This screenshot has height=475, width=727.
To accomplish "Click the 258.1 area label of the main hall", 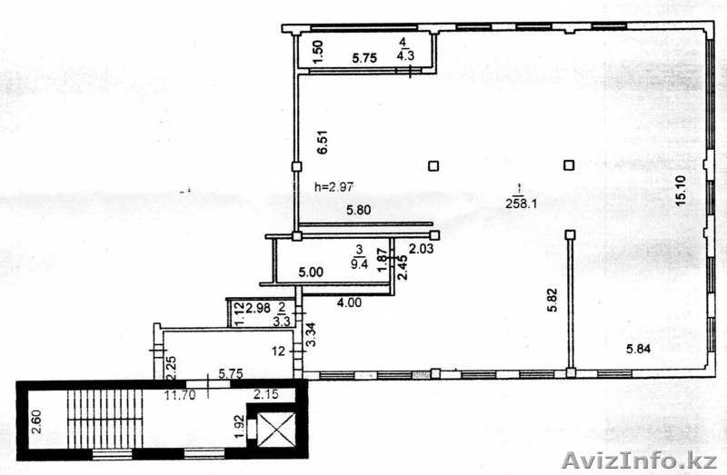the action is pos(521,203).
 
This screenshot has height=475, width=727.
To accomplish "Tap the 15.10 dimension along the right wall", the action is pos(681,190).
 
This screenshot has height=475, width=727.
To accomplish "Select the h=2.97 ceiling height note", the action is pos(334,187).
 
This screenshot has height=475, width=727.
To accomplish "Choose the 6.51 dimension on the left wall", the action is pos(323,142).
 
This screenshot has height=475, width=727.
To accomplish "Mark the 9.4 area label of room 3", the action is pos(360,263).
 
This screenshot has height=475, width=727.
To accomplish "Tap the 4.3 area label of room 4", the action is pos(405,55).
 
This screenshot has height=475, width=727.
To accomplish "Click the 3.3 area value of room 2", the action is pos(282,321).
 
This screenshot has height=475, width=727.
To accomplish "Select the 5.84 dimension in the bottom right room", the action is pos(639,349).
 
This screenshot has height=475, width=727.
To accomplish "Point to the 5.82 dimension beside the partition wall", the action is pos(553,301).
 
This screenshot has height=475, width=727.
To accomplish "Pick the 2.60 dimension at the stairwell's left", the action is pos(36,421).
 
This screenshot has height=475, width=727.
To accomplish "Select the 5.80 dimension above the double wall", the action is pos(359,210).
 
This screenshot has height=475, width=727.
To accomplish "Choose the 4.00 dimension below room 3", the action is pos(349,302).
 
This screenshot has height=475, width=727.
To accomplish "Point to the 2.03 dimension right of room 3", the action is pos(422,249).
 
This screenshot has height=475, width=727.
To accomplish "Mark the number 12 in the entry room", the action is pos(279,351).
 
